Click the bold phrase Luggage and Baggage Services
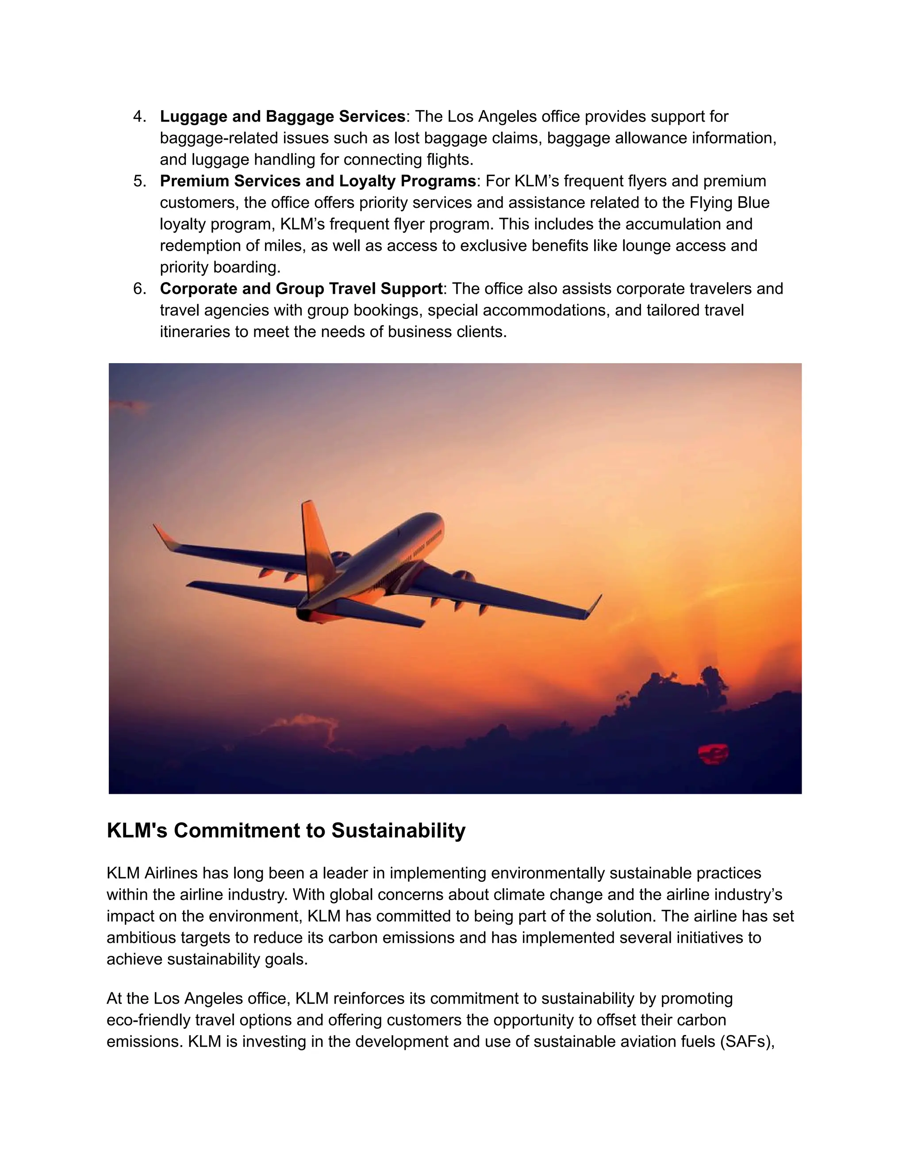tap(282, 116)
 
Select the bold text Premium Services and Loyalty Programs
tap(318, 181)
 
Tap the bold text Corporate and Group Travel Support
tap(301, 289)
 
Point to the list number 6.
tap(139, 289)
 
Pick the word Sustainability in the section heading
tap(398, 831)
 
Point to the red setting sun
tap(713, 754)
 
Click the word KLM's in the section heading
tap(138, 831)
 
